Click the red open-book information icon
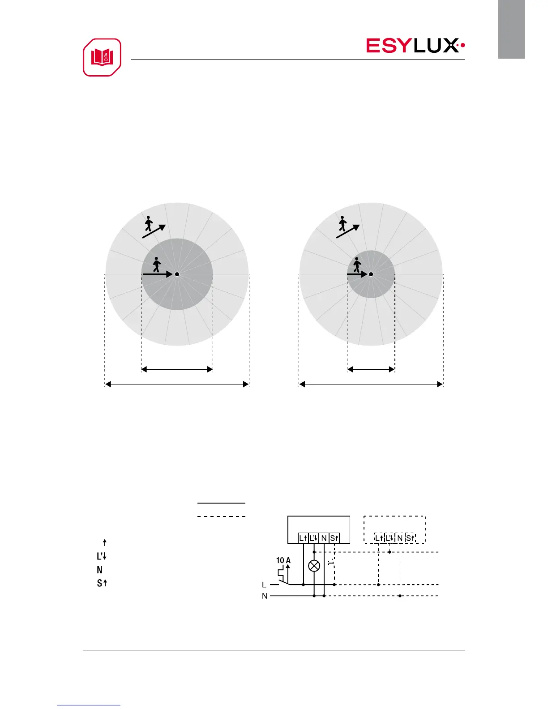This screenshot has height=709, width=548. pos(102,57)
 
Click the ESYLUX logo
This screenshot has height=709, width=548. pos(415,46)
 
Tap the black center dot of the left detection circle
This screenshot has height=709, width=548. pos(177,274)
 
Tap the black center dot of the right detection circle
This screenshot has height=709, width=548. pos(371,274)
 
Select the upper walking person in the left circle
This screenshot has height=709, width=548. pos(149,223)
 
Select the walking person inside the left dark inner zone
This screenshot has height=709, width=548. pos(157,265)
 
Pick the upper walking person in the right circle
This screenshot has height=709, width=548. pos(342,223)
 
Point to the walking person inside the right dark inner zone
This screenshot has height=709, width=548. pos(357,265)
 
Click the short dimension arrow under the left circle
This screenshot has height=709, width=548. pos(177,369)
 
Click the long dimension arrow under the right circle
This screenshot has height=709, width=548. pos(371,384)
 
